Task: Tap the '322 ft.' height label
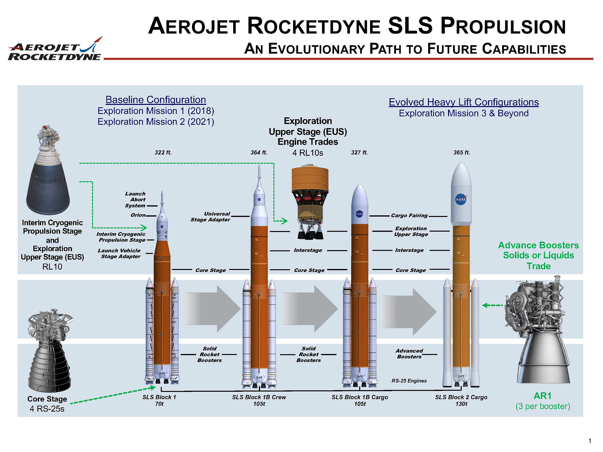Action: pos(163,153)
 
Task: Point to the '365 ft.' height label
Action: pos(461,153)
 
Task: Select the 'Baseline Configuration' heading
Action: pos(156,100)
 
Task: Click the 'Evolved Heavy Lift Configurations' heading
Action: pos(464,102)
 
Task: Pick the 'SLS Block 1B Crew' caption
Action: pos(259,397)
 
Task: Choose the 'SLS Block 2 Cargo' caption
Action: pos(461,397)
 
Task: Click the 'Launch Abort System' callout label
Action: pos(135,200)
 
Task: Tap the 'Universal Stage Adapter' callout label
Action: pos(210,217)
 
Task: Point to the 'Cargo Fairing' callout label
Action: pos(409,215)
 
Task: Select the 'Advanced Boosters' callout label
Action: pos(409,354)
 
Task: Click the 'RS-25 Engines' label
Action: pos(409,381)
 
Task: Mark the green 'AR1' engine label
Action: pos(542,396)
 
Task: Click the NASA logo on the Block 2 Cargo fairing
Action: pos(461,199)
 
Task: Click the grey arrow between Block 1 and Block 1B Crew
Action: pos(213,309)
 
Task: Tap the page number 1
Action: pos(590,441)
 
